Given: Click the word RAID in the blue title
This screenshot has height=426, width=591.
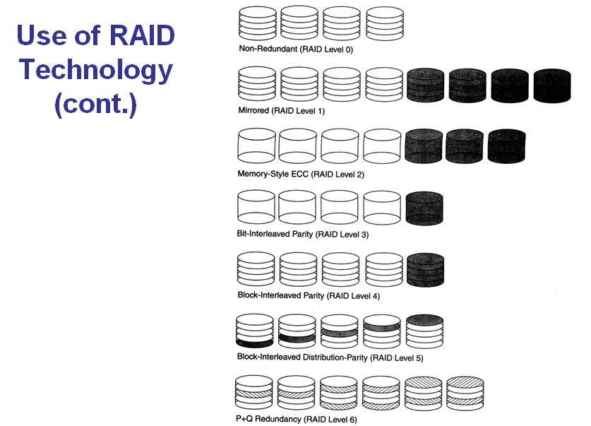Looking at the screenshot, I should pos(140,36).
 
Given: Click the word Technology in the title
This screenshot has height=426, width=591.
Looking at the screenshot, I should pos(95,70).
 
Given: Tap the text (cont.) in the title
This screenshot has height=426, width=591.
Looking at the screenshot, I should pos(95,105).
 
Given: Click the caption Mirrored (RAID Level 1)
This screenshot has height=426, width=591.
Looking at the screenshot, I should pos(281,111).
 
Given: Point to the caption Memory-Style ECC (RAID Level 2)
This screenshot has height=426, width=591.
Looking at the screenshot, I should pos(301,174).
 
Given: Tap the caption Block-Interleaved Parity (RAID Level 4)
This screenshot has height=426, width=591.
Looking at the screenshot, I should pos(309,295).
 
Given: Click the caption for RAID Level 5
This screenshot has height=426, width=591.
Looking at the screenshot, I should pos(330,358).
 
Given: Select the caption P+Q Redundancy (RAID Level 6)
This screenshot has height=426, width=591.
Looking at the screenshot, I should pos(297,420).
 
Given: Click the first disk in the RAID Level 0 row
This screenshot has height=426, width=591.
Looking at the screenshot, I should pos(256,24).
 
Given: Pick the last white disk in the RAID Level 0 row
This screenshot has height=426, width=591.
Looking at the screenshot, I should pos(385,24).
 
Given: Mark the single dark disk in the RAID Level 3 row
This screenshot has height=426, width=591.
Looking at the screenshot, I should pos(425,208).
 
